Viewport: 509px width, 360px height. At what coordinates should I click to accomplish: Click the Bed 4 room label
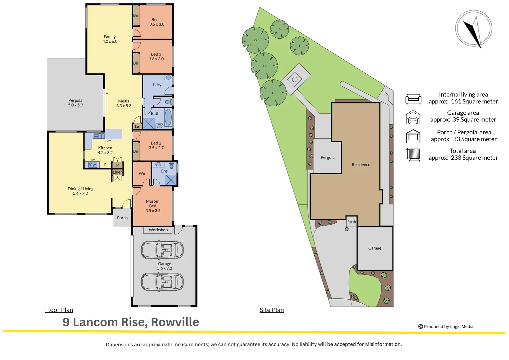coord(157,22)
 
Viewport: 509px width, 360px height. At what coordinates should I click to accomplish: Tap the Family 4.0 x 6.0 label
coord(110,39)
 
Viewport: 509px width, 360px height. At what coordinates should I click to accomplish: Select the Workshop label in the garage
coord(158,230)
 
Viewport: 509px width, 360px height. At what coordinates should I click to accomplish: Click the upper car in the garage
coord(162,250)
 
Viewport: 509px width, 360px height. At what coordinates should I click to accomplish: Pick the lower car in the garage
coord(162,282)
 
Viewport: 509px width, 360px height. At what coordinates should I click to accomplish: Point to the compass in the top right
coord(473,29)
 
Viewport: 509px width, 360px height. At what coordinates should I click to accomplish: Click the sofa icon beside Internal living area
coord(413,99)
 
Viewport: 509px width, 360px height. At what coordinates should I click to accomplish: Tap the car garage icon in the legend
coord(413,117)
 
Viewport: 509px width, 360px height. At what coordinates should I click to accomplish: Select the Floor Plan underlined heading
coord(59,310)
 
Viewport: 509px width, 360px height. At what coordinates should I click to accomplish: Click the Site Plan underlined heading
coord(271,310)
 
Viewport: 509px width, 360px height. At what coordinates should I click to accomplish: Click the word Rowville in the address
coord(175,322)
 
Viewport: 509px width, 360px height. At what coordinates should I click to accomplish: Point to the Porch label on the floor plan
coord(122,218)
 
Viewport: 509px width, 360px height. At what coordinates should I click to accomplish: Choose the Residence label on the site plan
coord(361,165)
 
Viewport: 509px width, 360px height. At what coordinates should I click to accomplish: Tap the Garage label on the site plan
coord(375,248)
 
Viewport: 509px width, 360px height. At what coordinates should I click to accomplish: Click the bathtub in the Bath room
coord(168,117)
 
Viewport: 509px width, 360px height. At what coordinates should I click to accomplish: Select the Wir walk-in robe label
coord(142,174)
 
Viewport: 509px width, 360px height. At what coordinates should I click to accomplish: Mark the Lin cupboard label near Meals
coord(138,127)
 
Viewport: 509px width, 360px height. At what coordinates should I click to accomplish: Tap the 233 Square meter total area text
coord(474,158)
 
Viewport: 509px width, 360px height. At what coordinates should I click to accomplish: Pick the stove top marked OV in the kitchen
coord(93,165)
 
